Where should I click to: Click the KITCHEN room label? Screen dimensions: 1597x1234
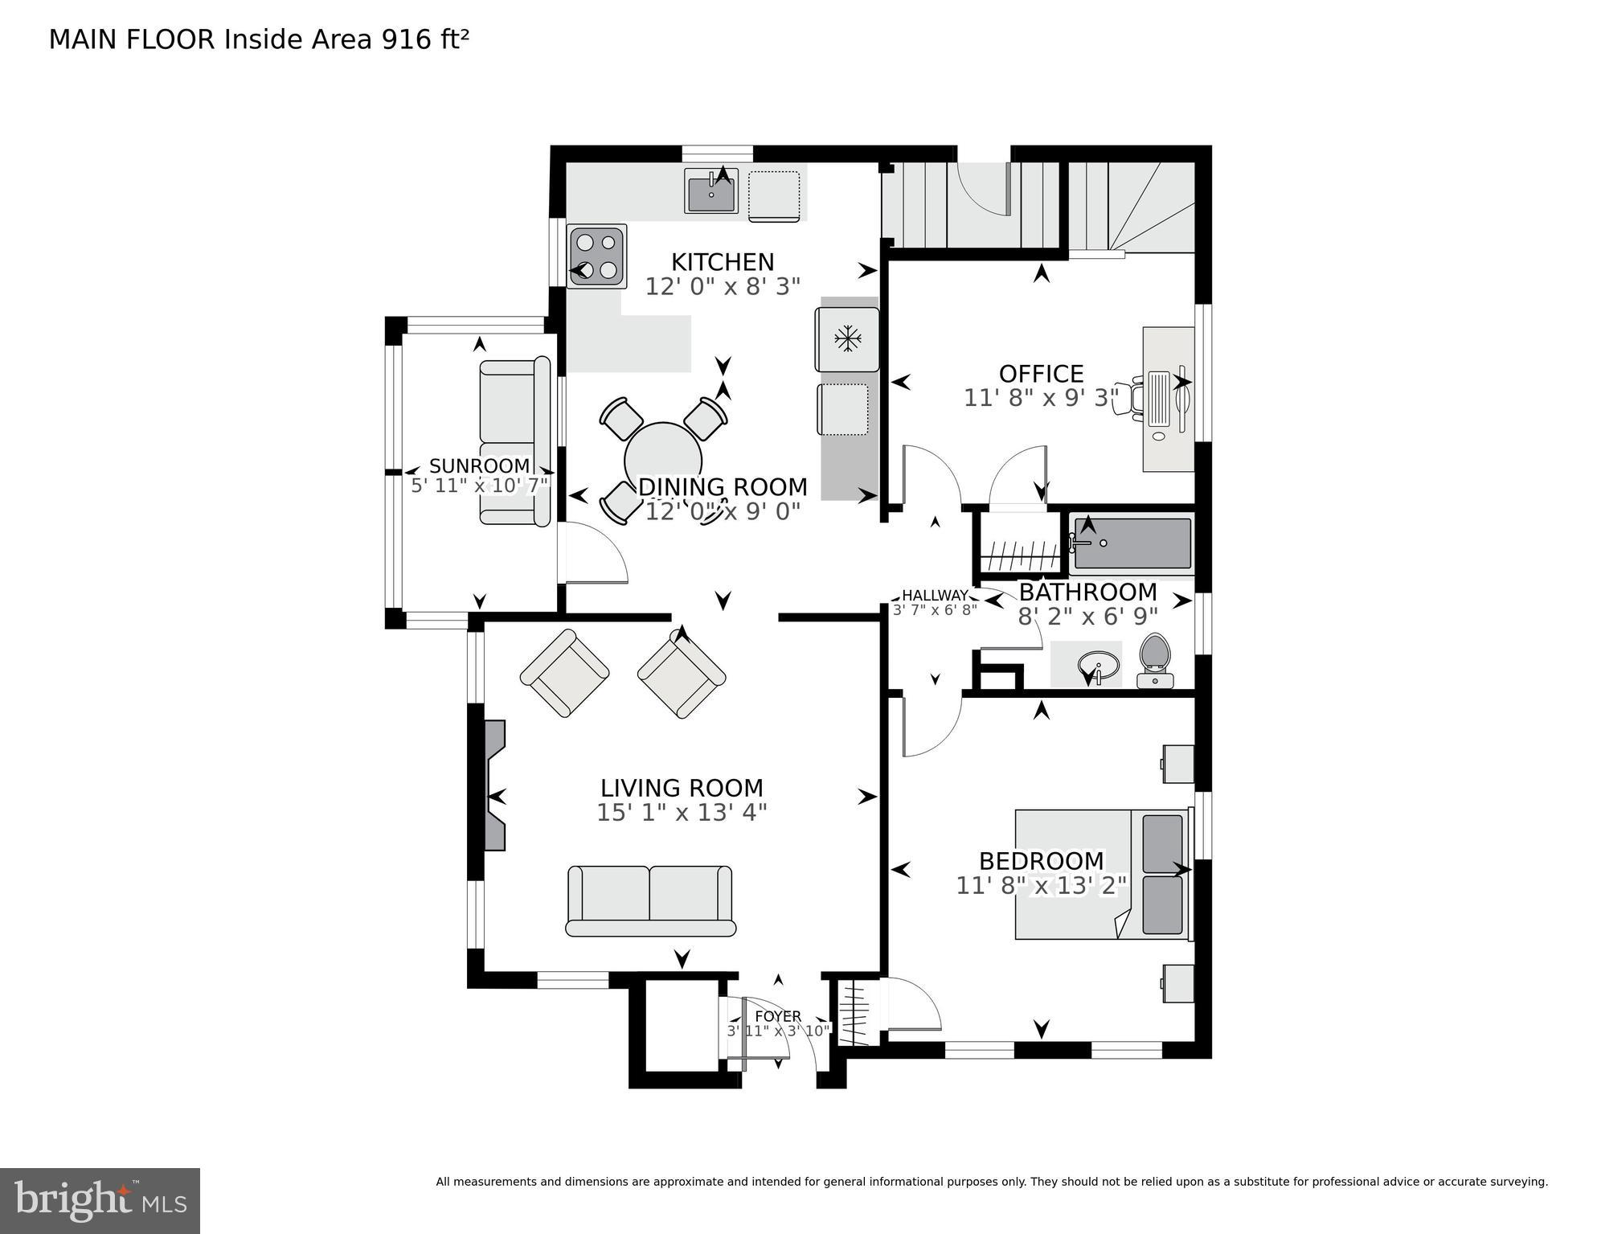point(723,262)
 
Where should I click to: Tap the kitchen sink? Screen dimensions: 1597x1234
point(711,191)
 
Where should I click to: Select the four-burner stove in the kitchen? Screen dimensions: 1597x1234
point(596,256)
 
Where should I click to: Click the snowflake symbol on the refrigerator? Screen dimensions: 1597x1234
point(847,339)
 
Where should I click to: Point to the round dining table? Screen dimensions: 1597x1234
point(663,461)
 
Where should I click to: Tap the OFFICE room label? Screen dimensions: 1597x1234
point(1041,374)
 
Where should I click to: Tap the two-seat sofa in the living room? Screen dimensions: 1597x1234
point(650,900)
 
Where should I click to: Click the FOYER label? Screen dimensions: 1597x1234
point(778,1016)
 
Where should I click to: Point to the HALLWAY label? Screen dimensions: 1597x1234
point(935,595)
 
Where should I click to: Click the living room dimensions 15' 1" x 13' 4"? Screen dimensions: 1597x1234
point(682,812)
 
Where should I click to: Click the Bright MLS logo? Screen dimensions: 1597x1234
point(100,1201)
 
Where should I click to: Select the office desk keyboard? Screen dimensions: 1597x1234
point(1160,398)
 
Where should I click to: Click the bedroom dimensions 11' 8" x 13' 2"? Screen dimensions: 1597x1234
point(1041,885)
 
